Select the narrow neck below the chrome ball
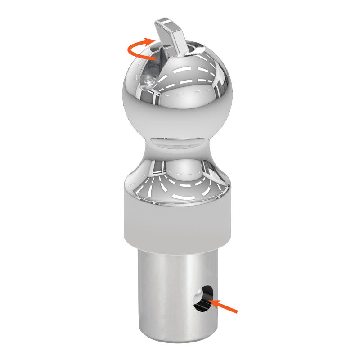pos(177,144)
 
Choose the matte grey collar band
pos(177,220)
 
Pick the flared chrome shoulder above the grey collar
pos(177,180)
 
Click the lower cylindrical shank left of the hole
pos(162,292)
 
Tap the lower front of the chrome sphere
pos(177,117)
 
